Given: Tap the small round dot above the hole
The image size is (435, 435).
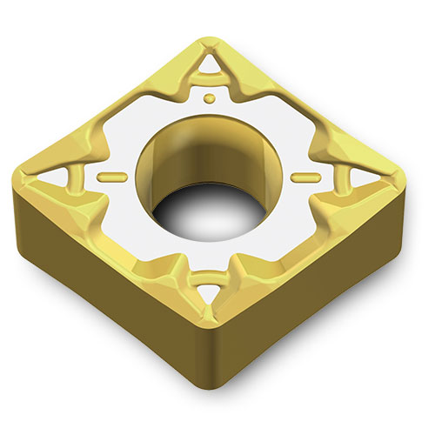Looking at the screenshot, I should (x=209, y=98).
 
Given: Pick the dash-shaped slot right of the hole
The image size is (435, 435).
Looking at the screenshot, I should (x=302, y=177).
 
